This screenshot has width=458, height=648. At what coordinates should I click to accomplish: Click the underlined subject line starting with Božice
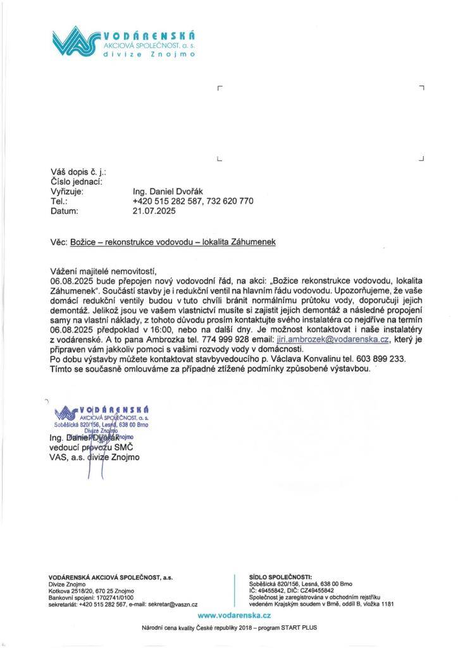(173, 242)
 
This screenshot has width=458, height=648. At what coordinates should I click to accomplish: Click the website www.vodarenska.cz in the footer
(234, 615)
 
